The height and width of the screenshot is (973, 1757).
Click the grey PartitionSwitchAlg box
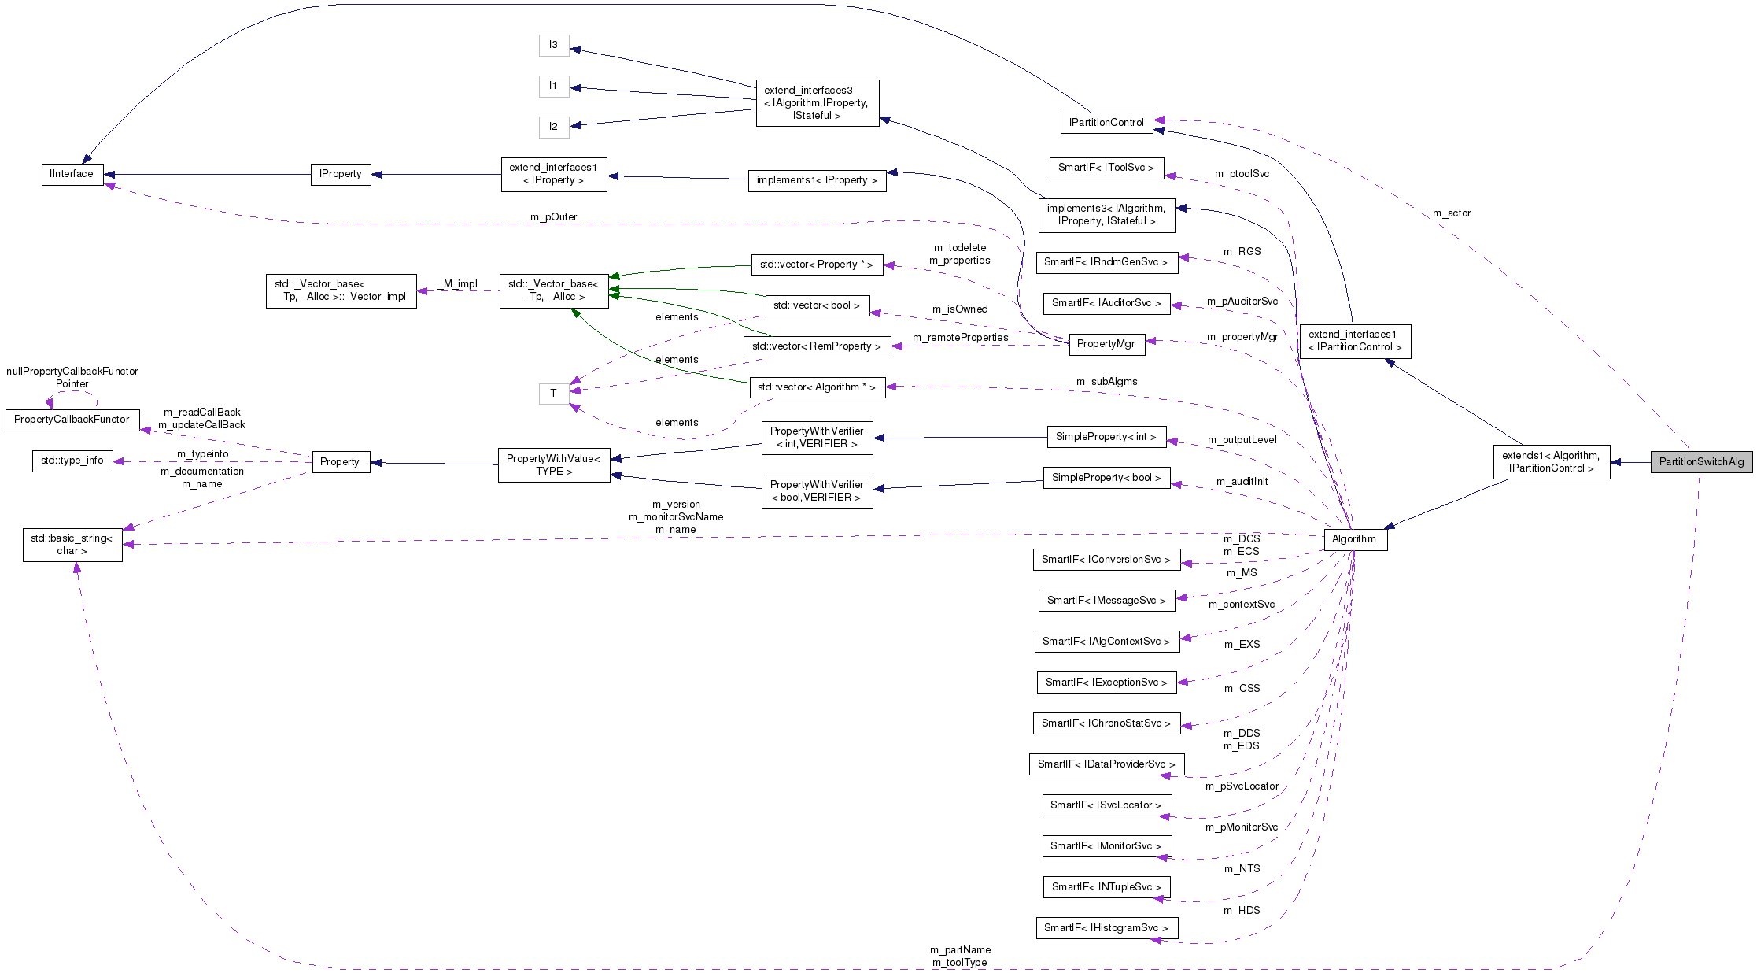(1701, 462)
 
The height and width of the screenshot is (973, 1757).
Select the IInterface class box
(72, 174)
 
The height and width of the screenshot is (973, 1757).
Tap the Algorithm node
(1353, 539)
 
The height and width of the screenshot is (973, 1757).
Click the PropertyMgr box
(1106, 344)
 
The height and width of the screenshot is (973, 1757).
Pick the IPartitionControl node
(1106, 123)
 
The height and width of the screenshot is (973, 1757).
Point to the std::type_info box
(72, 461)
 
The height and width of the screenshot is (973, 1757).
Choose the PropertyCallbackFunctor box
(72, 420)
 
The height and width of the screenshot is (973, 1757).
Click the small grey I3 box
(553, 45)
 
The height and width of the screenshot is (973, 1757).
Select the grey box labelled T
(553, 393)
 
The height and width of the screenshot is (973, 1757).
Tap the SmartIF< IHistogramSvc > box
(1106, 928)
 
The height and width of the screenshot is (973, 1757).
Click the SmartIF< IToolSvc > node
(1106, 168)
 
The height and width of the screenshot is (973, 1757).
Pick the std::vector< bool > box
(817, 305)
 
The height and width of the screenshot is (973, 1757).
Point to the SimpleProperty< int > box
(1106, 437)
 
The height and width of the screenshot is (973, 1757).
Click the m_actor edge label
(1451, 213)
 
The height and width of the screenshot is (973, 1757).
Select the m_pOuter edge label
(553, 217)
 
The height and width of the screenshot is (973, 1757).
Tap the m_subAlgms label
(1106, 382)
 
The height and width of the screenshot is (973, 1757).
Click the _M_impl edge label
(460, 284)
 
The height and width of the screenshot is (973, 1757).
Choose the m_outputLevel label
(1242, 440)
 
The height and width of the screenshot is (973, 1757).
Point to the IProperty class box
(341, 174)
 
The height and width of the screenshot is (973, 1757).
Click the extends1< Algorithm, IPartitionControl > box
(1551, 462)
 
